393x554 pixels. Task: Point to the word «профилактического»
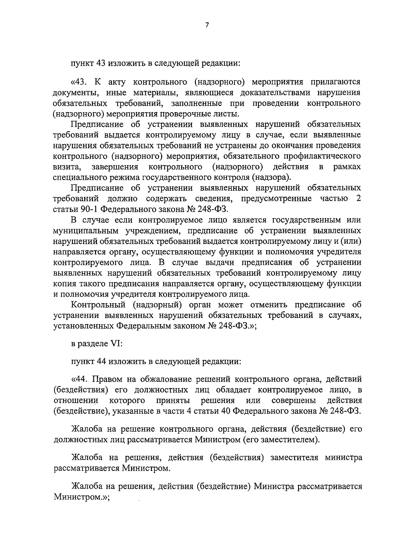[x=320, y=156]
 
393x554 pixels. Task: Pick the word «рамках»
[x=347, y=167]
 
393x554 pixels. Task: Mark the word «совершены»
[x=294, y=401]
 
